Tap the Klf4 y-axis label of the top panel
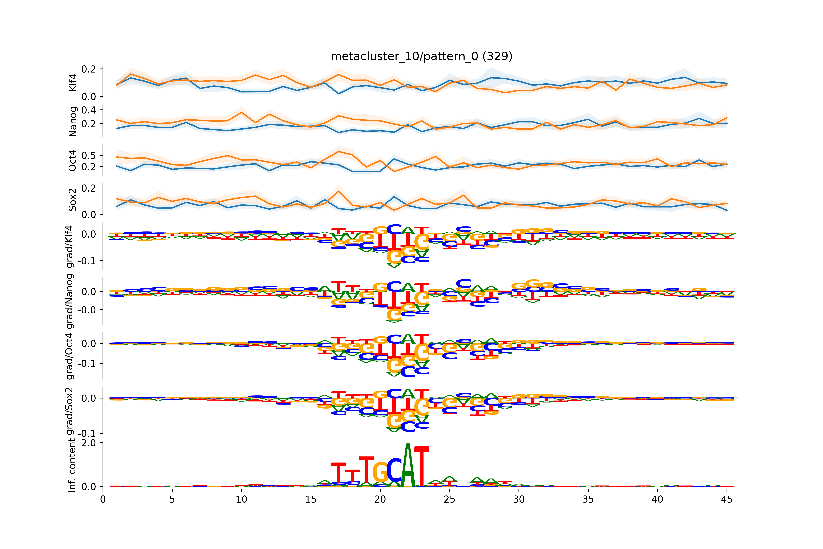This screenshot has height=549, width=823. pos(73,82)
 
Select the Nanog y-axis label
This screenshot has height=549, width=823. pos(73,121)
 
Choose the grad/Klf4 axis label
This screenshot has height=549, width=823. pos(70,246)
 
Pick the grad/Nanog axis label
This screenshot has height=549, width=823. pos(70,301)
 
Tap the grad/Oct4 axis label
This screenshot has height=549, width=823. pos(70,356)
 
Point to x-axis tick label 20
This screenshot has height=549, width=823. pos(380,499)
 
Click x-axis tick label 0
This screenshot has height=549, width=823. pos(103,499)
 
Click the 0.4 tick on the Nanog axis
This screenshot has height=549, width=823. pos(88,110)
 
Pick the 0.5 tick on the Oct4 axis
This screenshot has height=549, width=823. pos(88,155)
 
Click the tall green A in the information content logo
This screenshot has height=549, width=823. pos(408,466)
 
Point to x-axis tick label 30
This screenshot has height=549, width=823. pos(519,499)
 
